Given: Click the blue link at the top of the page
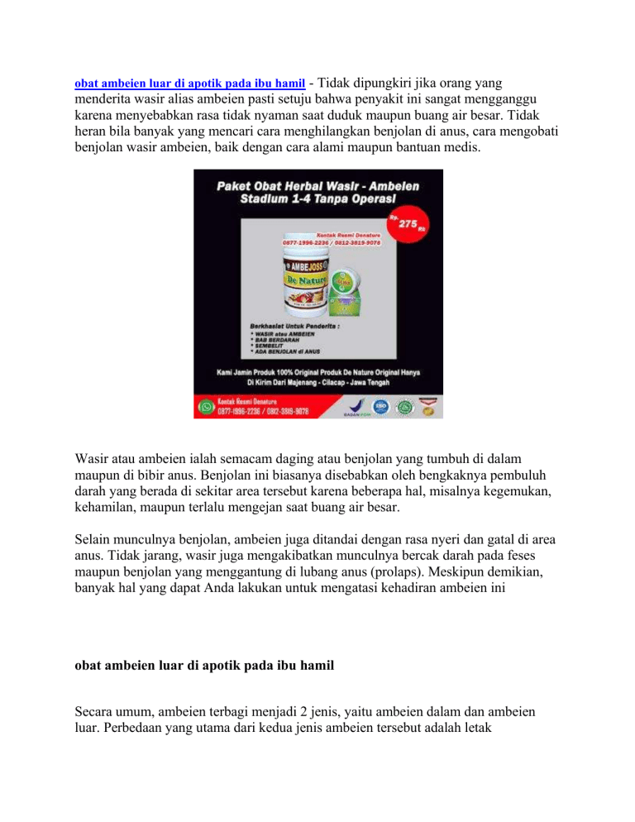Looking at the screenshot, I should (190, 84).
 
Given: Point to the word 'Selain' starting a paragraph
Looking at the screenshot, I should (93, 538).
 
